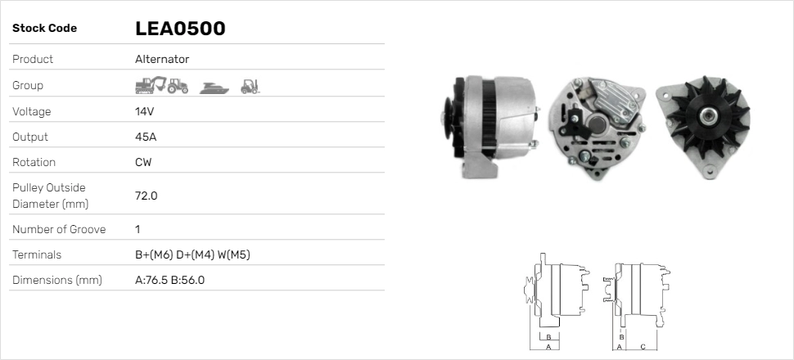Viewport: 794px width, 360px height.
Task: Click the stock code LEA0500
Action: (180, 29)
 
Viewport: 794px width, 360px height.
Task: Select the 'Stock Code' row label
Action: (44, 29)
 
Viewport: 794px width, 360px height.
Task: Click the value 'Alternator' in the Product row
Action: (162, 60)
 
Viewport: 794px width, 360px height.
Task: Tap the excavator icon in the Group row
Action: (149, 85)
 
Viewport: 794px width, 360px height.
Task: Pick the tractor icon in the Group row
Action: (178, 85)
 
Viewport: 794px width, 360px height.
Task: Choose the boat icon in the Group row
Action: (212, 86)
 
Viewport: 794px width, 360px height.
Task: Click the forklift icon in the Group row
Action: (250, 85)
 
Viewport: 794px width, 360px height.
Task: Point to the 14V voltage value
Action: (144, 111)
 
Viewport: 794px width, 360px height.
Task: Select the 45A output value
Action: (145, 137)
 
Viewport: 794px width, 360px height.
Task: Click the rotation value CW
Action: (143, 162)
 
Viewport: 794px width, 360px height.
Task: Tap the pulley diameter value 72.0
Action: (146, 196)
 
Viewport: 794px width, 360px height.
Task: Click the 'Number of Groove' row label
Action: (59, 230)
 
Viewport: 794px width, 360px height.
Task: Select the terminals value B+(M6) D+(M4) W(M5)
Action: (192, 255)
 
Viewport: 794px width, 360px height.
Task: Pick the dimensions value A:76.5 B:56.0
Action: (169, 281)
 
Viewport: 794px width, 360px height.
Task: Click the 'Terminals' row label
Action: (37, 255)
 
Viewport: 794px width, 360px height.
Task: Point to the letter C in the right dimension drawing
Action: (643, 347)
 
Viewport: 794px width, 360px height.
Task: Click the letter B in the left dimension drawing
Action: (549, 336)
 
